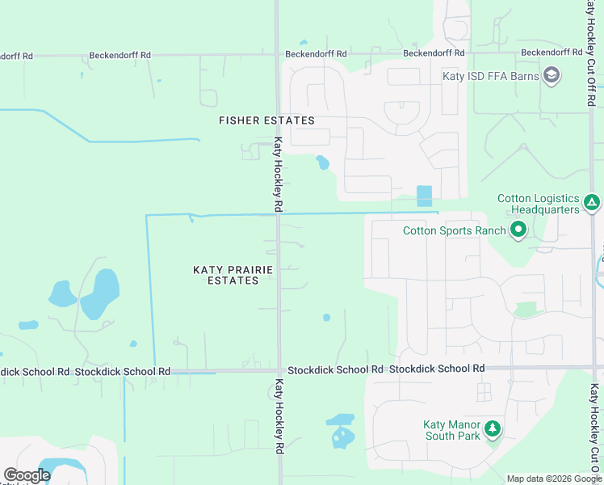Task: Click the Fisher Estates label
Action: click(266, 120)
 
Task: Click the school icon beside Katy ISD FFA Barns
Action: click(552, 76)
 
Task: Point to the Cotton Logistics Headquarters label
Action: click(539, 204)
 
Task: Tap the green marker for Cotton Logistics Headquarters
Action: click(592, 202)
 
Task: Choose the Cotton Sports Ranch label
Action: click(455, 231)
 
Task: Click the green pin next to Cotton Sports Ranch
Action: click(518, 231)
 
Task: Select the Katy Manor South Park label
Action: click(452, 430)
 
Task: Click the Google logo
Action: click(27, 475)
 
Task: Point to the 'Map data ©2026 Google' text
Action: click(554, 479)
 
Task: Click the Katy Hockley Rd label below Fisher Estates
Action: click(277, 174)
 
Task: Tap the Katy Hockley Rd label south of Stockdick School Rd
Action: click(279, 415)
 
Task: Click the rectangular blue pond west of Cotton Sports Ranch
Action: click(424, 196)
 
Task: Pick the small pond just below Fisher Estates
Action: click(323, 162)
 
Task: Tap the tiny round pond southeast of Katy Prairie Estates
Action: click(326, 318)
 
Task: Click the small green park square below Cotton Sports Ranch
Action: click(526, 309)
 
